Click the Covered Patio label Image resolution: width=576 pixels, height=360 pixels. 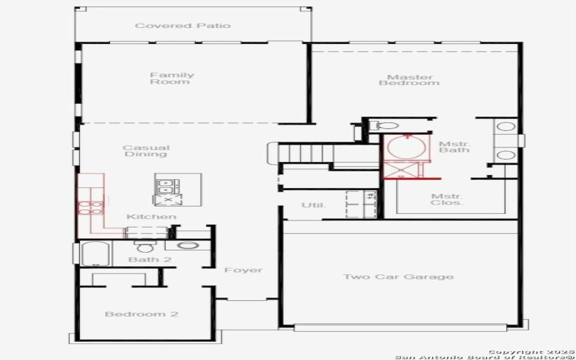183,26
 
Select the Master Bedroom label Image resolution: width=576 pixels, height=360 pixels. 409,80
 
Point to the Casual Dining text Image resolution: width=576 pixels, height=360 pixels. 146,151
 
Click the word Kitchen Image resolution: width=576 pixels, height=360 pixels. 151,217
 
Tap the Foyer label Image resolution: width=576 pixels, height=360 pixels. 243,271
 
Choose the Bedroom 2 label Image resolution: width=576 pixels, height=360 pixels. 142,314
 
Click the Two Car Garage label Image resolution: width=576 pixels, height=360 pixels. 398,276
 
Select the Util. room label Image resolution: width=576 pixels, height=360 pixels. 313,206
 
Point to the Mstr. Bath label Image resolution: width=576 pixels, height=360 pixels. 454,147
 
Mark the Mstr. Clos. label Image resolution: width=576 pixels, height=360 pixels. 447,199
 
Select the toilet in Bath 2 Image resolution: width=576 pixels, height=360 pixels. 140,247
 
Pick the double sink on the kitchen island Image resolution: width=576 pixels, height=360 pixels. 167,183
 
